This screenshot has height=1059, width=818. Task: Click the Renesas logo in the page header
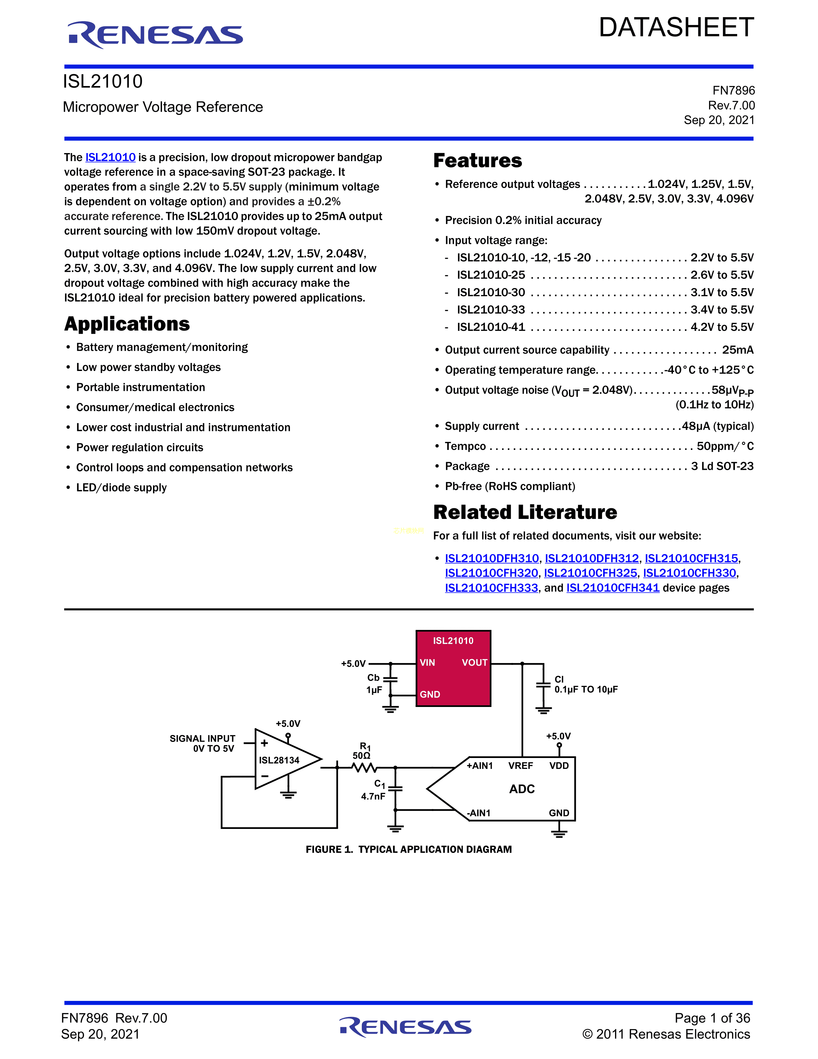(155, 35)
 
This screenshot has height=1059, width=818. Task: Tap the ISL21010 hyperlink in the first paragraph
(110, 158)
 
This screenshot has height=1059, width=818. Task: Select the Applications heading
(127, 324)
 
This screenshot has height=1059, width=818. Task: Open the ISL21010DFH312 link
(592, 559)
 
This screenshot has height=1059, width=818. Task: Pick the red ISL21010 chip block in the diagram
(453, 668)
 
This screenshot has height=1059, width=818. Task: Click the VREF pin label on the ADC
(520, 766)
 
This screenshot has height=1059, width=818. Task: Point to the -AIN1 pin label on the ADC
(478, 813)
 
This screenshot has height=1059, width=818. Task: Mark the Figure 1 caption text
(408, 849)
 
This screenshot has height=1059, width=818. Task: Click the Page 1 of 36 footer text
(712, 1018)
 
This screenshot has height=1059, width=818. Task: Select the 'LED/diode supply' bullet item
(121, 488)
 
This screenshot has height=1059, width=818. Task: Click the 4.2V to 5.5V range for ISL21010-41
(721, 327)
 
